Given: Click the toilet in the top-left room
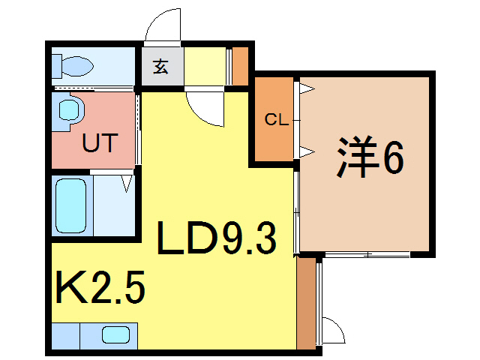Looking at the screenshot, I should [72, 66].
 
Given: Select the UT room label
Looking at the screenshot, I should [100, 142].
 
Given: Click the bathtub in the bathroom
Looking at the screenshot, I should [73, 205].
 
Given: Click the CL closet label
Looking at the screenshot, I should [275, 119].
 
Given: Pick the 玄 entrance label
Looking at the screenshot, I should [160, 67].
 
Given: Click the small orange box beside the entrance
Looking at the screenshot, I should [240, 66].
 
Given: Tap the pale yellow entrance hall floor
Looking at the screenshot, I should [204, 66].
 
